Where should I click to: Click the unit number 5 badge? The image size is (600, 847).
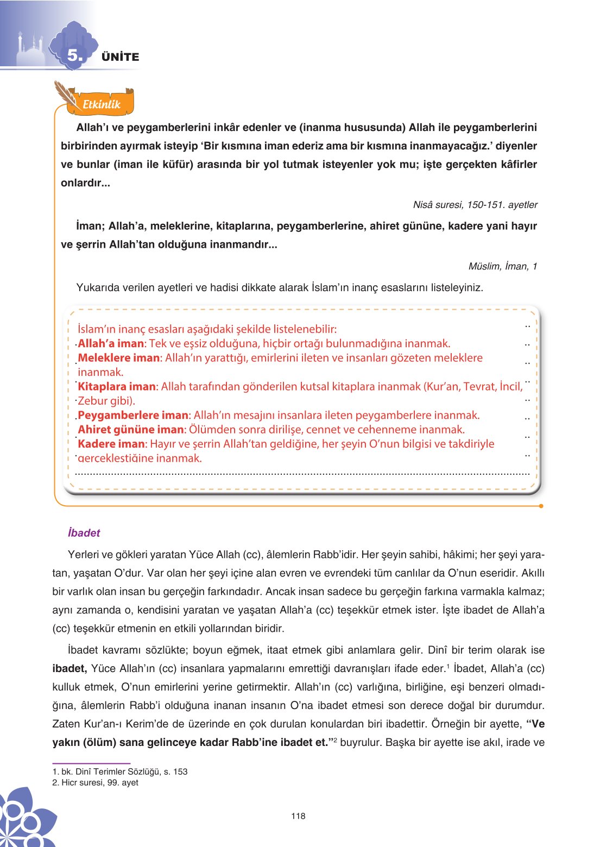75,55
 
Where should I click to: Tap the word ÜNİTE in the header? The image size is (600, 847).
120,57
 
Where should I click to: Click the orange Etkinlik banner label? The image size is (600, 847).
102,104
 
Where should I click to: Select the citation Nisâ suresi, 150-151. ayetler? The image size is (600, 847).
475,205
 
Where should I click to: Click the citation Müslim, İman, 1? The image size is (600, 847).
502,266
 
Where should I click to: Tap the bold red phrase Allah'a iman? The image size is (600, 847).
111,343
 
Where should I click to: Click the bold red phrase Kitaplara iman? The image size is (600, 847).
117,387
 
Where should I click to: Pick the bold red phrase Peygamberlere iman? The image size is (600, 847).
133,416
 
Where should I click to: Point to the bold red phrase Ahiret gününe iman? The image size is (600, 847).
131,430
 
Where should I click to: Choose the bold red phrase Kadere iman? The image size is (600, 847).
111,444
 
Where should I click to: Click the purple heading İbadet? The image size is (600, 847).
84,533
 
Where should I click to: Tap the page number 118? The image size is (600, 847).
298,816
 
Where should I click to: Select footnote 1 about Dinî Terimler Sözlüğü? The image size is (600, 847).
120,771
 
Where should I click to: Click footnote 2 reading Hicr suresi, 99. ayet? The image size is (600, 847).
96,782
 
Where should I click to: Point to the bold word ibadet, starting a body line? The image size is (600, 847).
70,669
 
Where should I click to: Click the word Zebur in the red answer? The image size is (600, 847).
93,401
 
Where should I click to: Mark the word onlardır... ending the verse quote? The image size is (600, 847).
85,183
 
